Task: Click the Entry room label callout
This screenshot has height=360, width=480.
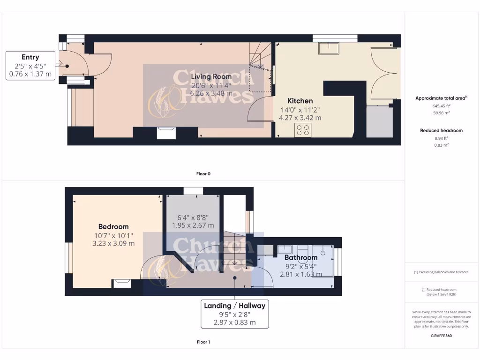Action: (30, 66)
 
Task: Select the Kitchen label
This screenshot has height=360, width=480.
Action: (300, 101)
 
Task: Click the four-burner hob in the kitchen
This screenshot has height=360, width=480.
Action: (303, 130)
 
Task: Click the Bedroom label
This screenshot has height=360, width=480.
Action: (113, 226)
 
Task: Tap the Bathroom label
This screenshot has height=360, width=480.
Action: (301, 257)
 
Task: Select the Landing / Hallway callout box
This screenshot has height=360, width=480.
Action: (234, 314)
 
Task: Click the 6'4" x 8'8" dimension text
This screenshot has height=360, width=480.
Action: (193, 217)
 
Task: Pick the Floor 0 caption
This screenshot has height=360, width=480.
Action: (203, 173)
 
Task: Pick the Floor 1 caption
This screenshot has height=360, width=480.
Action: (203, 342)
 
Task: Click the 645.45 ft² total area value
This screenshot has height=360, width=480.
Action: (441, 106)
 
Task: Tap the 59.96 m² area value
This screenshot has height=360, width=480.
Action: (441, 112)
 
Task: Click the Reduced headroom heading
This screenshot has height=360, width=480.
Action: (441, 130)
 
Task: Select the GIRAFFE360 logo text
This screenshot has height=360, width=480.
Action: (441, 336)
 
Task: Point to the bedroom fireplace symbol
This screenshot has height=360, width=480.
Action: (122, 284)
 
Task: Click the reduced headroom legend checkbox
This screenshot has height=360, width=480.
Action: (424, 290)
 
